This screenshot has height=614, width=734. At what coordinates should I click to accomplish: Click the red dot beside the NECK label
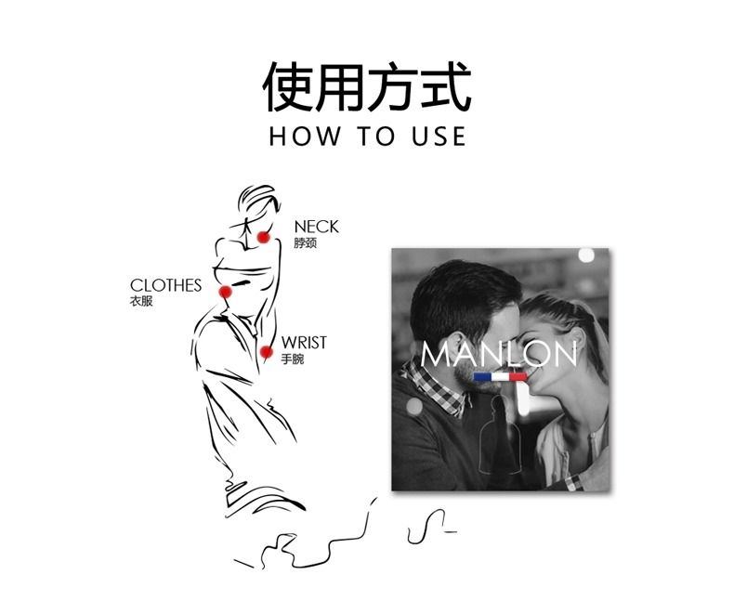point(264,237)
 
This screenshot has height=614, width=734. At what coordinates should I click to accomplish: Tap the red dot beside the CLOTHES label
point(225,292)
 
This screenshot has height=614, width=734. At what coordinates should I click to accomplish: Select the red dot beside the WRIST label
point(267,352)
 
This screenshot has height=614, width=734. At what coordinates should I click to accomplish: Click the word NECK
point(317,227)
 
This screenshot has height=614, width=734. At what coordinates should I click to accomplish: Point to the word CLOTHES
point(165,285)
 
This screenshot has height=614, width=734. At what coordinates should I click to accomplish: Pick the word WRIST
point(304,343)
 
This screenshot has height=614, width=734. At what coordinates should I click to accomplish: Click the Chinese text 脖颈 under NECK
point(305,242)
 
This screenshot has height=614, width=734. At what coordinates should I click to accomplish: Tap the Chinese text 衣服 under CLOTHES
point(141,301)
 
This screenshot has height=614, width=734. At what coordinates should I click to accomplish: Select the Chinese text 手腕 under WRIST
point(293,359)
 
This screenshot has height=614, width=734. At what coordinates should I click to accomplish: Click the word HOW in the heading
point(305,137)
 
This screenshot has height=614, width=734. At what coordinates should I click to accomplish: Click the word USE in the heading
point(439,137)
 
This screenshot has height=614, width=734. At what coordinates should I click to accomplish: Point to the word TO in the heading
point(376,137)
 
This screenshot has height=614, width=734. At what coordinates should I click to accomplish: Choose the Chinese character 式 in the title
point(446,87)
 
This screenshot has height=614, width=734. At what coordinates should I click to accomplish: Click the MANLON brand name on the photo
point(499,354)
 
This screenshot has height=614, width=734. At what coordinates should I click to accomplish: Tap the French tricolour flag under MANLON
point(500,377)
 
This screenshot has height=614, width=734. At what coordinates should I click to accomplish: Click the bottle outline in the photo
point(499,436)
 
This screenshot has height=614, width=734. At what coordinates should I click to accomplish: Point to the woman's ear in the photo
point(579,338)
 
